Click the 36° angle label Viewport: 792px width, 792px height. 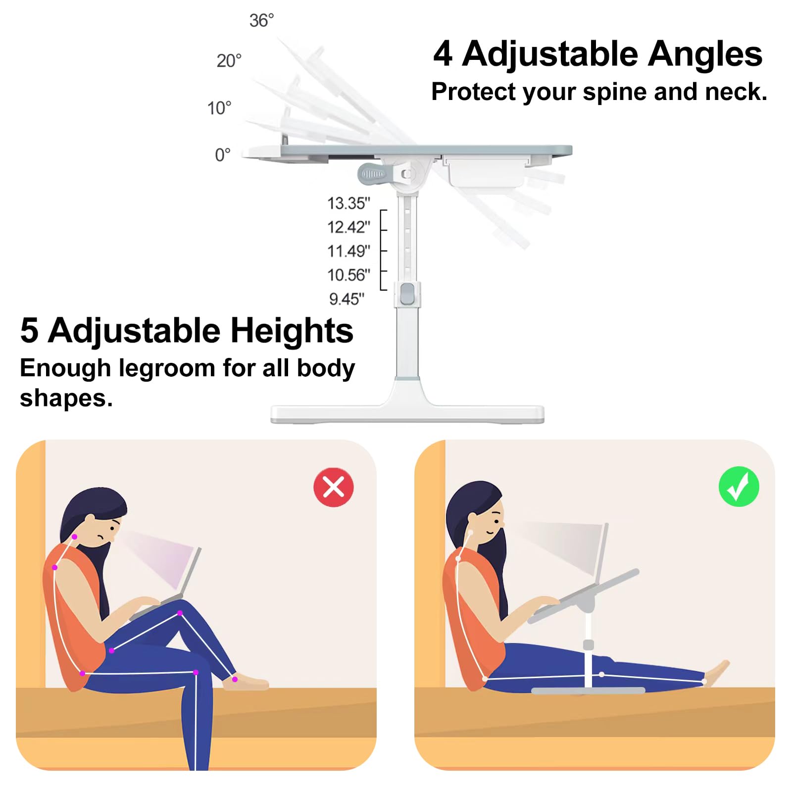261,21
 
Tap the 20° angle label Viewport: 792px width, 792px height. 229,61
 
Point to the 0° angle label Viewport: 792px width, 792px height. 222,155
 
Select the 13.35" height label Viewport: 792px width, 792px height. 348,203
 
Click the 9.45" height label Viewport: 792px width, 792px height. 346,299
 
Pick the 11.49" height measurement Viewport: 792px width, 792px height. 348,251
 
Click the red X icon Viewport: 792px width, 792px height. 334,487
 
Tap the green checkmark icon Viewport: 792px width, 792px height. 739,487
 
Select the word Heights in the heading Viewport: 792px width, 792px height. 292,331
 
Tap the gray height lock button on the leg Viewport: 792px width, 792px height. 407,294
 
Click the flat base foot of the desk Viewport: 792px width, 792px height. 407,414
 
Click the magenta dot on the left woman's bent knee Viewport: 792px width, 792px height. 180,613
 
